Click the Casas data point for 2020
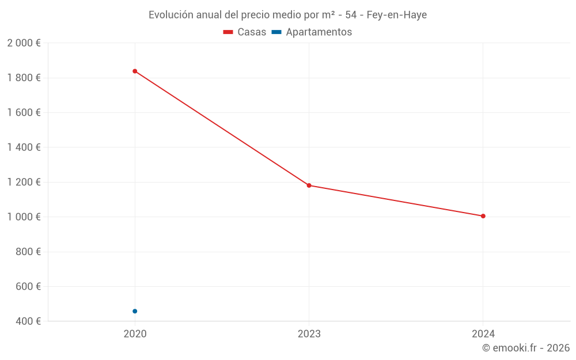pos(135,71)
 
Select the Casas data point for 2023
pos(309,185)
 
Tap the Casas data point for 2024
pos(483,216)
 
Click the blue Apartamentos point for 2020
pos(135,311)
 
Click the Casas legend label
pos(252,32)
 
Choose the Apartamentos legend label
pos(319,32)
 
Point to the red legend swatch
pos(228,32)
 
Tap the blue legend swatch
pos(276,32)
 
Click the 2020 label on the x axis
pos(135,334)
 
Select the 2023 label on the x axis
pos(309,334)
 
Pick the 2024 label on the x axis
pos(483,334)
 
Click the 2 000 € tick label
pos(24,43)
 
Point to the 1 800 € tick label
pos(24,78)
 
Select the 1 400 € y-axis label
pos(24,147)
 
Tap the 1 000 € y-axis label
pos(24,217)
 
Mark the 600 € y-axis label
pos(27,286)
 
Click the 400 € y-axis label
pos(27,321)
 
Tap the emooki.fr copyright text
pos(526,348)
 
